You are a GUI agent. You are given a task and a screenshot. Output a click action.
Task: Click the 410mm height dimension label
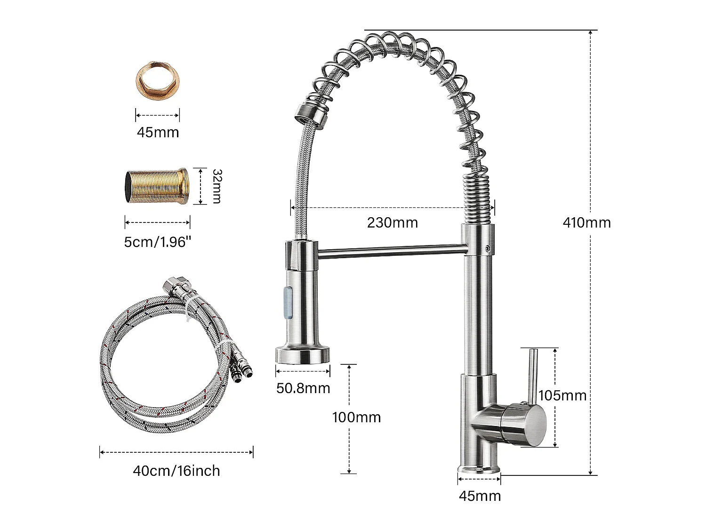click(x=586, y=222)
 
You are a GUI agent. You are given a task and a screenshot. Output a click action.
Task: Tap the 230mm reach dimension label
click(x=393, y=222)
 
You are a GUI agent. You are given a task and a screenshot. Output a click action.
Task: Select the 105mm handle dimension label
click(x=562, y=395)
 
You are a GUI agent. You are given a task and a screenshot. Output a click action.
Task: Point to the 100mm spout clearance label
click(x=356, y=417)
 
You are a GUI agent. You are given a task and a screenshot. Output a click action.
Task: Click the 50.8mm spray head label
click(x=303, y=388)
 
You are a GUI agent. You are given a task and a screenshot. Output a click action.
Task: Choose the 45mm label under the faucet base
click(x=480, y=496)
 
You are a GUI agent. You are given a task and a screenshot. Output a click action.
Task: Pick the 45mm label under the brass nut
click(x=158, y=132)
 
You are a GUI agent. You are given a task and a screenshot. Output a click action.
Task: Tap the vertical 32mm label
click(x=217, y=186)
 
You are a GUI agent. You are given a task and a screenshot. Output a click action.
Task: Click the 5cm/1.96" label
click(x=158, y=242)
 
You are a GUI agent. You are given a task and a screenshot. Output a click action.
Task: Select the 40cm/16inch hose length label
click(x=176, y=471)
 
